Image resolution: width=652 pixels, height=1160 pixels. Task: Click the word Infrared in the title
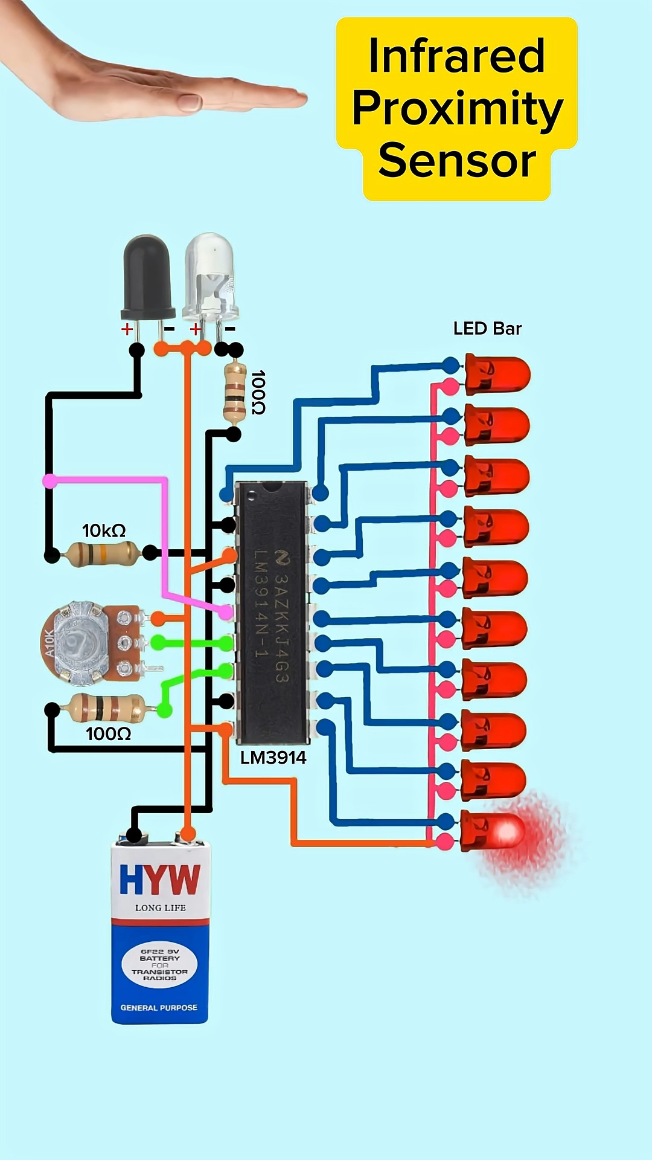tap(456, 56)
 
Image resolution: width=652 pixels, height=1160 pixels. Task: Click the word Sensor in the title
tap(457, 161)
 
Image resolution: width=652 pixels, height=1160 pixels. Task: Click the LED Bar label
tap(487, 329)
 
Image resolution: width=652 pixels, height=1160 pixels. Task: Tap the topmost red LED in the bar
tap(497, 375)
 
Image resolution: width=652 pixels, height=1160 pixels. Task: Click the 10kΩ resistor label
tap(104, 530)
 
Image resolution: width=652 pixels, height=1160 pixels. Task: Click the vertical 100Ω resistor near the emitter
tap(234, 392)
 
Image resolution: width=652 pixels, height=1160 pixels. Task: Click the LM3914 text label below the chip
tap(273, 758)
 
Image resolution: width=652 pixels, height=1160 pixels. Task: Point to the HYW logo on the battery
tap(160, 880)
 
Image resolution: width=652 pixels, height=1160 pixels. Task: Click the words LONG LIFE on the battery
tap(160, 907)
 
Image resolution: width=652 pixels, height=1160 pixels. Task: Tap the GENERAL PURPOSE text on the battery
tap(159, 1008)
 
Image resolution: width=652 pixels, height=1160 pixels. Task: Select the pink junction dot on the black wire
tap(50, 481)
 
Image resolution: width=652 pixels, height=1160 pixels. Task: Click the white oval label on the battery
tap(159, 965)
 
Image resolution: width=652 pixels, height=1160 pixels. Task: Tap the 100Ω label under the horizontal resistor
tap(108, 733)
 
